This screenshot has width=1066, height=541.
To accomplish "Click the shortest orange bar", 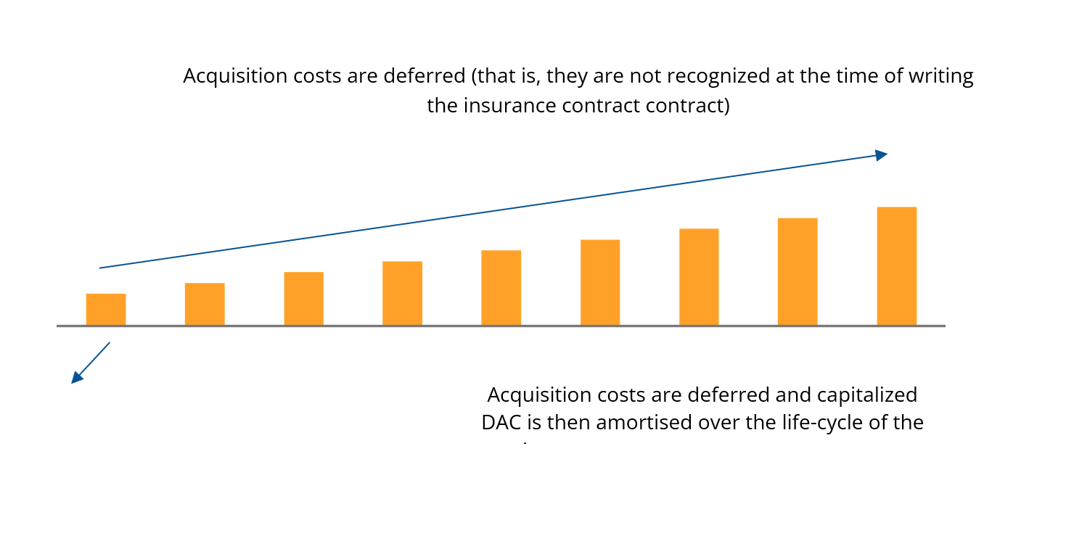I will click(x=106, y=309).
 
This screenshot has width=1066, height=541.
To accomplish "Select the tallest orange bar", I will click(x=896, y=265).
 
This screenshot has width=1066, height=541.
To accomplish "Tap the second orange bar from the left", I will click(x=205, y=304).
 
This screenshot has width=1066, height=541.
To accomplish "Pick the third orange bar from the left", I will click(x=303, y=298).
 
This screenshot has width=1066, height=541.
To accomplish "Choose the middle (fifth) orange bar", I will click(x=501, y=287).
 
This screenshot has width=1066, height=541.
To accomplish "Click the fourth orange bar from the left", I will click(x=402, y=293).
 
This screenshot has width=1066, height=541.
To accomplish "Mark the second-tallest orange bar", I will click(x=798, y=271).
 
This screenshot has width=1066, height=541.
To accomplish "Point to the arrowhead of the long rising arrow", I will click(x=881, y=154).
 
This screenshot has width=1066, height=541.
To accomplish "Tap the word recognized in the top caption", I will click(x=710, y=76).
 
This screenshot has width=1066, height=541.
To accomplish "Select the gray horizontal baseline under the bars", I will click(x=501, y=326).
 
